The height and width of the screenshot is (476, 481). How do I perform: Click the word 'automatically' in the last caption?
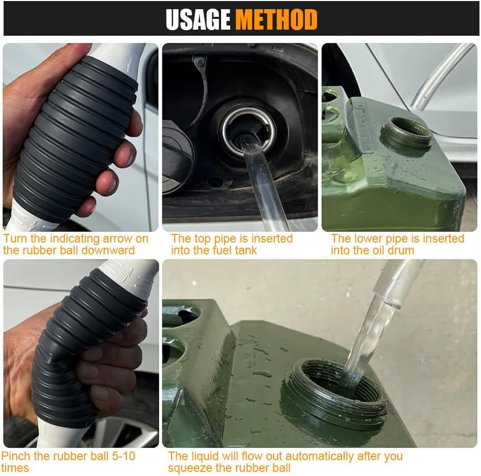[x=323, y=456]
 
